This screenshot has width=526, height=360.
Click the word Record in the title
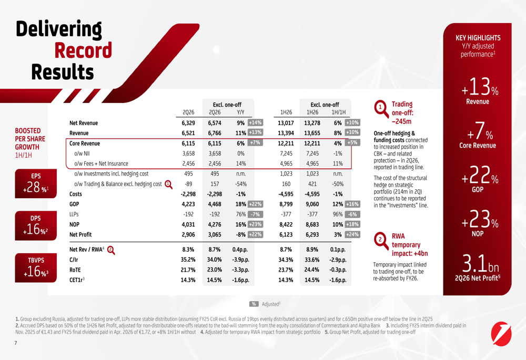point(83,50)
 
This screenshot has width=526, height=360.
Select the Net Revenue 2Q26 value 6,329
point(188,123)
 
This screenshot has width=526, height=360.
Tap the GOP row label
point(74,204)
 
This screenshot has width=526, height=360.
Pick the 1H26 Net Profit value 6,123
point(286,234)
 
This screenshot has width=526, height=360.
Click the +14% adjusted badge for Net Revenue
point(255,122)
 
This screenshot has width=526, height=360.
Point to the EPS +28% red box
point(36,183)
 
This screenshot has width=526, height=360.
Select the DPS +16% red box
point(36,225)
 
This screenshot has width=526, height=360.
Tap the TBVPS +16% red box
point(36,268)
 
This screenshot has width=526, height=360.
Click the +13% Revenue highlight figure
point(480,87)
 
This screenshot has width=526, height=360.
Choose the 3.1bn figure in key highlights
point(480,263)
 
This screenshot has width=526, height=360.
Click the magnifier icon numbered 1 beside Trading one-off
point(381,109)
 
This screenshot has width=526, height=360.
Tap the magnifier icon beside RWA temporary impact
point(381,241)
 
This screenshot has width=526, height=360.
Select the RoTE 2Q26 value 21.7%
point(188,270)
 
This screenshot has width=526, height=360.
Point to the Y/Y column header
point(240,112)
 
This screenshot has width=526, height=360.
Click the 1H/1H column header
point(338,112)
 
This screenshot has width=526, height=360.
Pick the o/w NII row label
point(82,153)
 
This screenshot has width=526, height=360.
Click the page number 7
point(16,343)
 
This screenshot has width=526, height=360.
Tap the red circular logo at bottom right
point(501,334)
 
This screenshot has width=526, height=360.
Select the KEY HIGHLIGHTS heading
point(478,38)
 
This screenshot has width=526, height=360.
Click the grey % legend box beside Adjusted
point(254,304)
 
